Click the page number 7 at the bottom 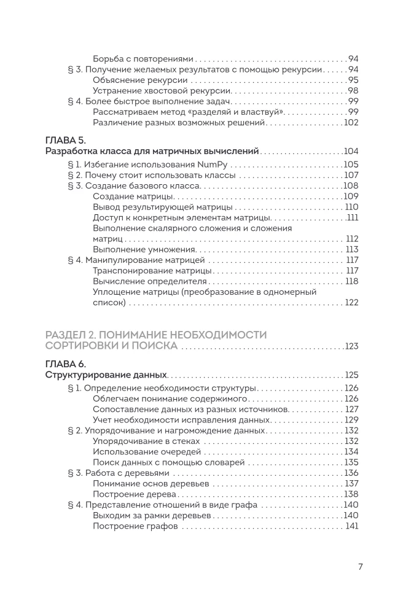361,567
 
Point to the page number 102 351,123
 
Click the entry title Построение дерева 135,494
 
